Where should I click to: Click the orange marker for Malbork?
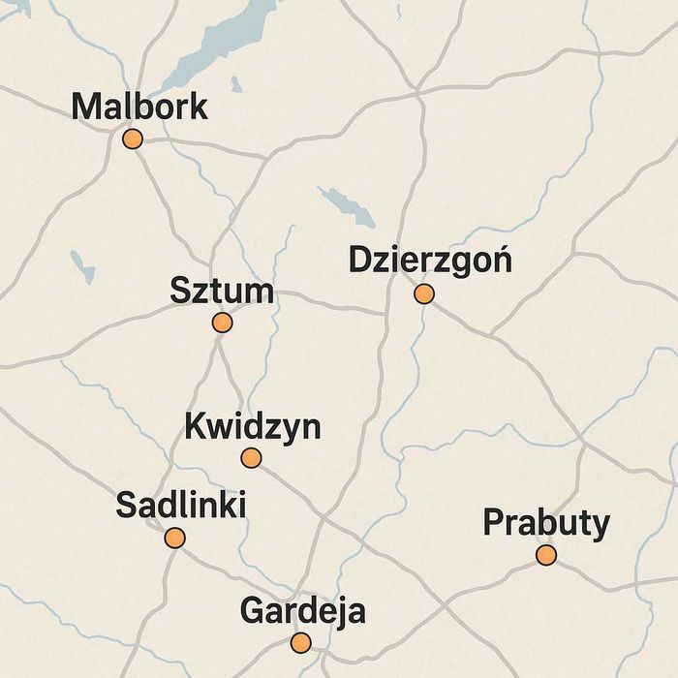pos(133,139)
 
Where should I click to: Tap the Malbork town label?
pos(139,106)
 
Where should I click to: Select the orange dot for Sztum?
pos(222,323)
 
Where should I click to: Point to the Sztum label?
pos(221,291)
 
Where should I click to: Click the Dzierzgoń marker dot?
pos(423,293)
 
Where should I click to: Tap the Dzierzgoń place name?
pos(430,261)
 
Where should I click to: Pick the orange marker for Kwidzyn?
pos(251,458)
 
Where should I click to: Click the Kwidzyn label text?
pos(252,426)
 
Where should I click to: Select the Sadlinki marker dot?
pos(174,538)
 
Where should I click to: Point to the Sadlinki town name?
pos(180,505)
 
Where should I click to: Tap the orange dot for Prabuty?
pos(546,555)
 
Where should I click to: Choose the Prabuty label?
pos(546,523)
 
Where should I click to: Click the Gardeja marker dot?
pos(301,642)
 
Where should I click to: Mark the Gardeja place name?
pos(302,611)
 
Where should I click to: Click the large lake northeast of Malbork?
pos(218,44)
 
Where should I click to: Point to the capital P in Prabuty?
pos(493,523)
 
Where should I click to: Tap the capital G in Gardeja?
pos(251,611)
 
